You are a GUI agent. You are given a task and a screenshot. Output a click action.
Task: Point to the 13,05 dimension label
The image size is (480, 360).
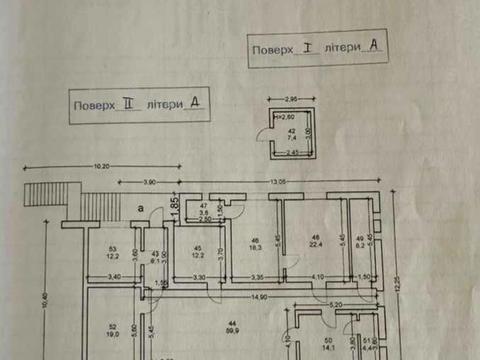point(275,181)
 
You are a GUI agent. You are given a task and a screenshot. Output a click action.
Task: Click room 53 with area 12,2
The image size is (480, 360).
point(113,254)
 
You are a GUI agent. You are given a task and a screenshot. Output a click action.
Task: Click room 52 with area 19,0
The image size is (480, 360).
point(112,333)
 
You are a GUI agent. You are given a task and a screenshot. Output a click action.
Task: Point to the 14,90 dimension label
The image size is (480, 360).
point(259,296)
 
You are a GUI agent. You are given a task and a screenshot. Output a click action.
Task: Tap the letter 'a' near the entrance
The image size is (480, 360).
point(142,206)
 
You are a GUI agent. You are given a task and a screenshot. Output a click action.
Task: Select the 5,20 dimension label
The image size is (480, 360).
point(336,303)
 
